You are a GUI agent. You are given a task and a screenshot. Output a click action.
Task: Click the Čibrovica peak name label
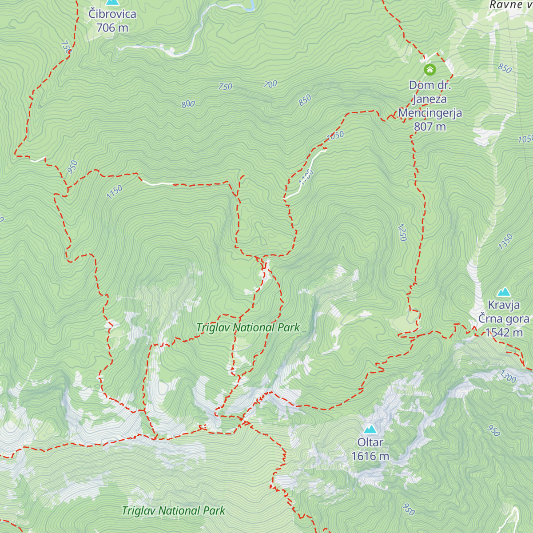click(112, 14)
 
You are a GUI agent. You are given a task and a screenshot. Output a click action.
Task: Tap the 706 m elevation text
click(112, 28)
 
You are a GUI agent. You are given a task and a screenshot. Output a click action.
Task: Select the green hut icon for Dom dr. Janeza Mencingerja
click(430, 69)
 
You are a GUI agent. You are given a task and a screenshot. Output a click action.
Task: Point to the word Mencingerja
click(430, 113)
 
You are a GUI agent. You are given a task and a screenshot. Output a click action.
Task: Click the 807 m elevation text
click(430, 127)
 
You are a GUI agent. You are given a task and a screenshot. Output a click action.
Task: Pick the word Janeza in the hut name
click(430, 99)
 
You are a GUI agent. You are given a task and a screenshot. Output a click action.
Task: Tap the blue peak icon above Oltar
click(370, 429)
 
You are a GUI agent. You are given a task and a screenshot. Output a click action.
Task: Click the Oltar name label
click(370, 442)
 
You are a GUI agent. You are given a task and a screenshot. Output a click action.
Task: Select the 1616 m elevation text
click(370, 456)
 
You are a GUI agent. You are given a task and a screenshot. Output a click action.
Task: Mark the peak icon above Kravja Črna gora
click(503, 292)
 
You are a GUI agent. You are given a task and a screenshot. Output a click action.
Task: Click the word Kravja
click(504, 305)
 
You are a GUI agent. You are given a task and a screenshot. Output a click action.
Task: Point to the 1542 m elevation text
click(504, 333)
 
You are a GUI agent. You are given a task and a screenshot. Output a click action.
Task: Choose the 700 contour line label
click(270, 84)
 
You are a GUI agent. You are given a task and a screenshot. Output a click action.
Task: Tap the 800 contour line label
click(188, 104)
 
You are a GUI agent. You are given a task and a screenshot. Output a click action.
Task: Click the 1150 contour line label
click(114, 192)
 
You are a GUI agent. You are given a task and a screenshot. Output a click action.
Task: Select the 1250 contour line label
click(402, 232)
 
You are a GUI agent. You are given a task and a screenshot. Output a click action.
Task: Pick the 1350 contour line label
click(505, 242)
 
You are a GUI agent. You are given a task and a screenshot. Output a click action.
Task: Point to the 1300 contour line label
click(508, 377)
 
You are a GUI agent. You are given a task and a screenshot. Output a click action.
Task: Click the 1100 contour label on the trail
click(306, 176)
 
